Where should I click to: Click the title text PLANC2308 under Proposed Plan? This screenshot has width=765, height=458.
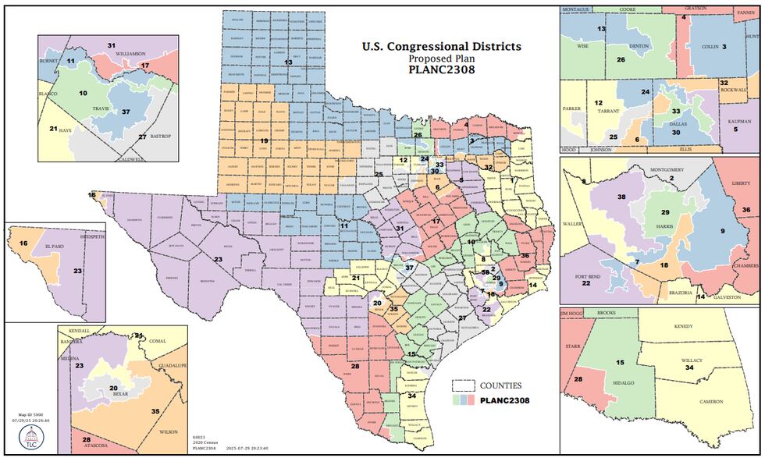[x=441, y=69]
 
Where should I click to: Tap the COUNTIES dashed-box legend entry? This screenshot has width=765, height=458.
[x=500, y=385]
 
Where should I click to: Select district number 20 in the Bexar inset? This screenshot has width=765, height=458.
[x=114, y=388]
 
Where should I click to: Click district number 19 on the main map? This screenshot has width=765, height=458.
[x=264, y=141]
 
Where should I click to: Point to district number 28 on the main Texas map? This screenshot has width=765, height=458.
[x=355, y=366]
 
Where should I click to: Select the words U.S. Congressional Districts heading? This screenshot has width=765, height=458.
[x=441, y=46]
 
